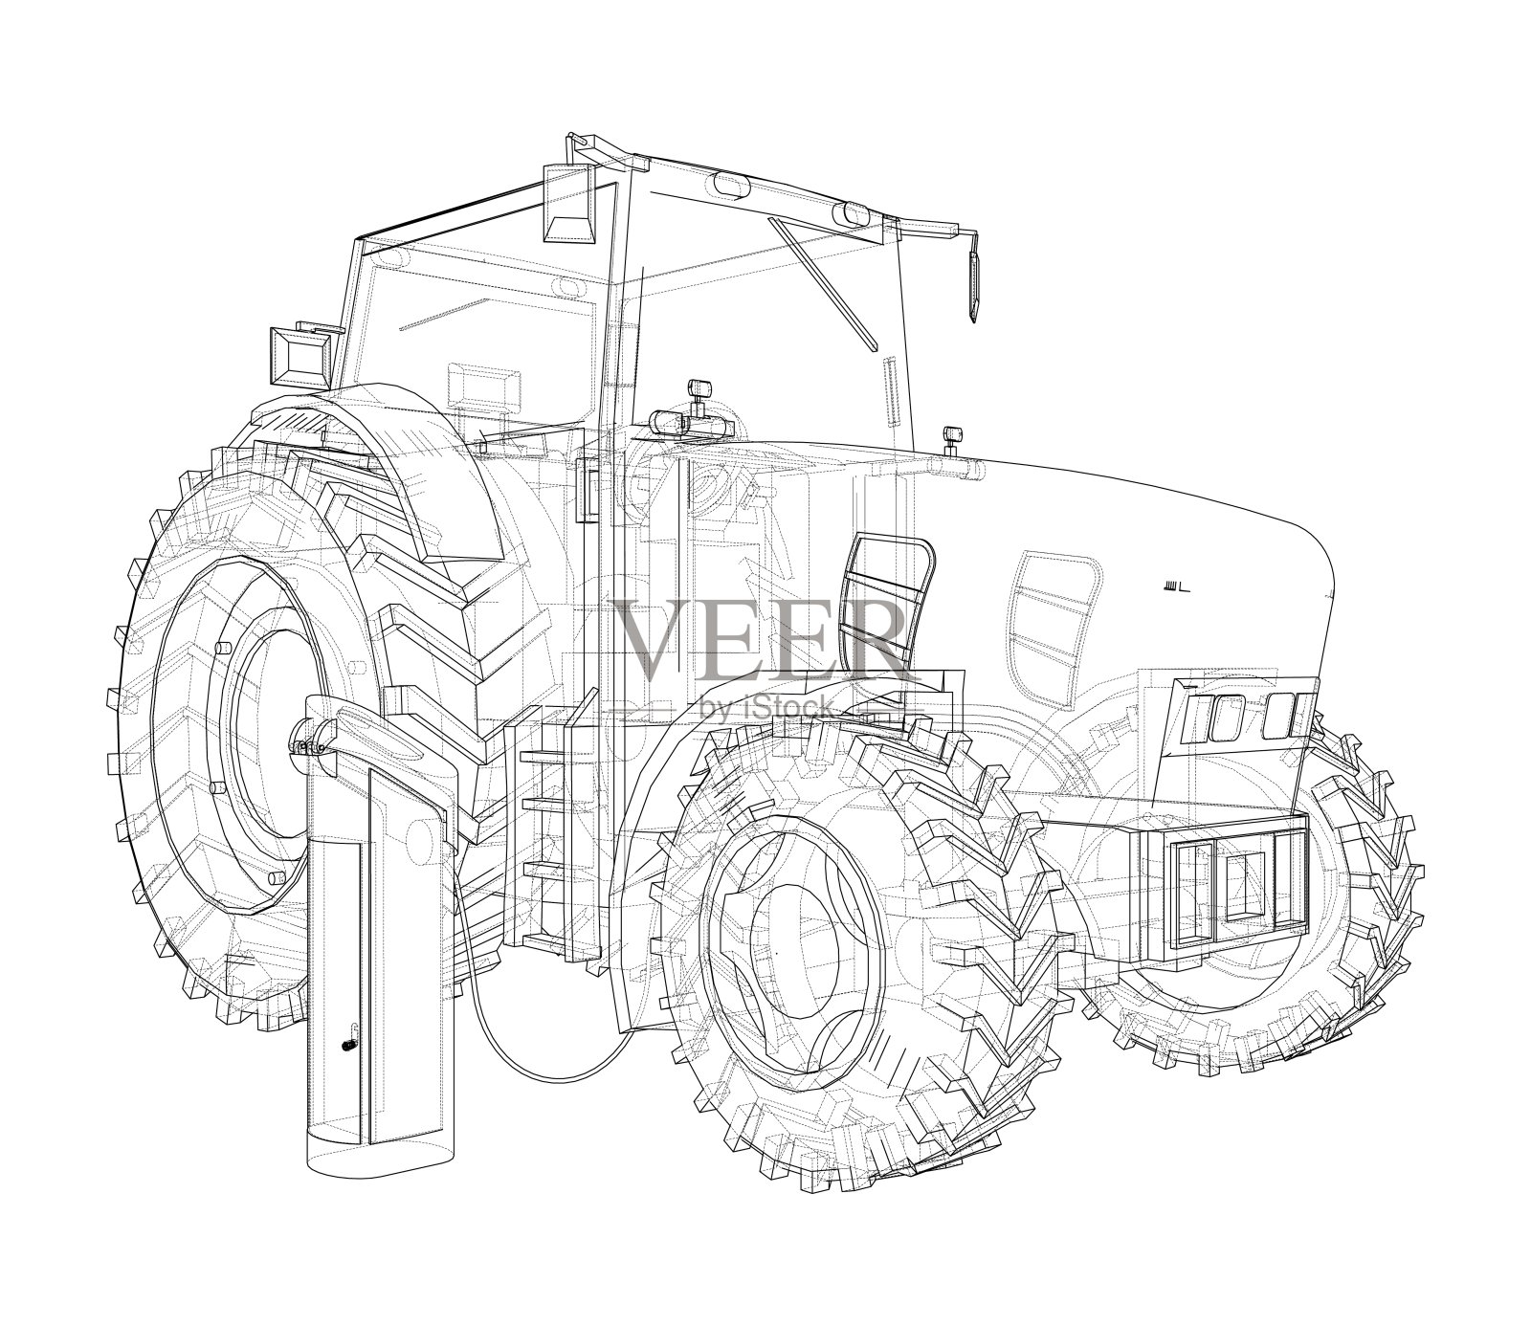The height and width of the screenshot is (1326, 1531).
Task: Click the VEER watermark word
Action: [x=761, y=639]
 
